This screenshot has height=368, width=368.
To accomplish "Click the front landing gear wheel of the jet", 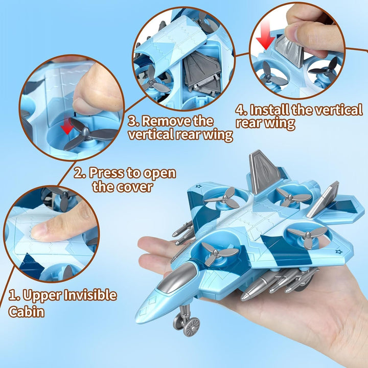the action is coord(192,327).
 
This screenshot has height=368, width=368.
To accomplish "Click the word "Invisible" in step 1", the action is coord(90,295).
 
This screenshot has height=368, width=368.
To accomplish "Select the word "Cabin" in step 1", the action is coord(26,312).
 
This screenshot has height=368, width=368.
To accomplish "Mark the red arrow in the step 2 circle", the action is coord(67,126).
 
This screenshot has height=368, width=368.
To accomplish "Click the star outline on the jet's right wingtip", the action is coord(339,252).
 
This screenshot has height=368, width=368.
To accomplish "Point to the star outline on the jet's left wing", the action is coord(198,187).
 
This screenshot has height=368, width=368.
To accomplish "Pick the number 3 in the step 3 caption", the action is coord(133,121).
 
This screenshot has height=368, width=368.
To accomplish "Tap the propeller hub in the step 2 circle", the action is coord(85,133).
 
